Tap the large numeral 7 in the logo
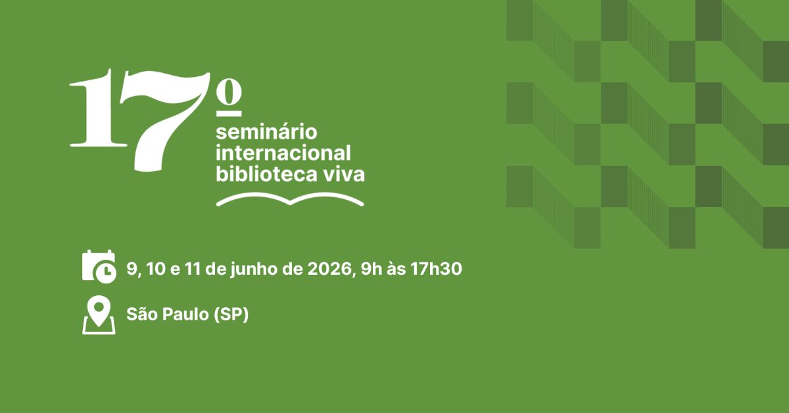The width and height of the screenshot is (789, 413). point(164,122)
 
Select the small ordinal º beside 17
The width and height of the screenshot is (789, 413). point(229,98)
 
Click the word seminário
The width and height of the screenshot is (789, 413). point(266,132)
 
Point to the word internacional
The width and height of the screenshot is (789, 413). point(283,153)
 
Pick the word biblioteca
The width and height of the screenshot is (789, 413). point(266,174)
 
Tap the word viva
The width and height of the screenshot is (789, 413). point(344,174)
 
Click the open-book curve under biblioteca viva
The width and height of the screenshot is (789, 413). point(290,200)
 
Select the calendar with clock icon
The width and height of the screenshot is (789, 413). point(99,266)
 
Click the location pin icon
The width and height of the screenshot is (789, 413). point(99,316)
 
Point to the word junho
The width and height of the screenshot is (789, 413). point(254,270)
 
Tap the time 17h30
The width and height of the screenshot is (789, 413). point(436,269)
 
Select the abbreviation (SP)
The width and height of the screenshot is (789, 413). point(231,314)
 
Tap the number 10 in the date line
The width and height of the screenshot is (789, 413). point(156,269)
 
